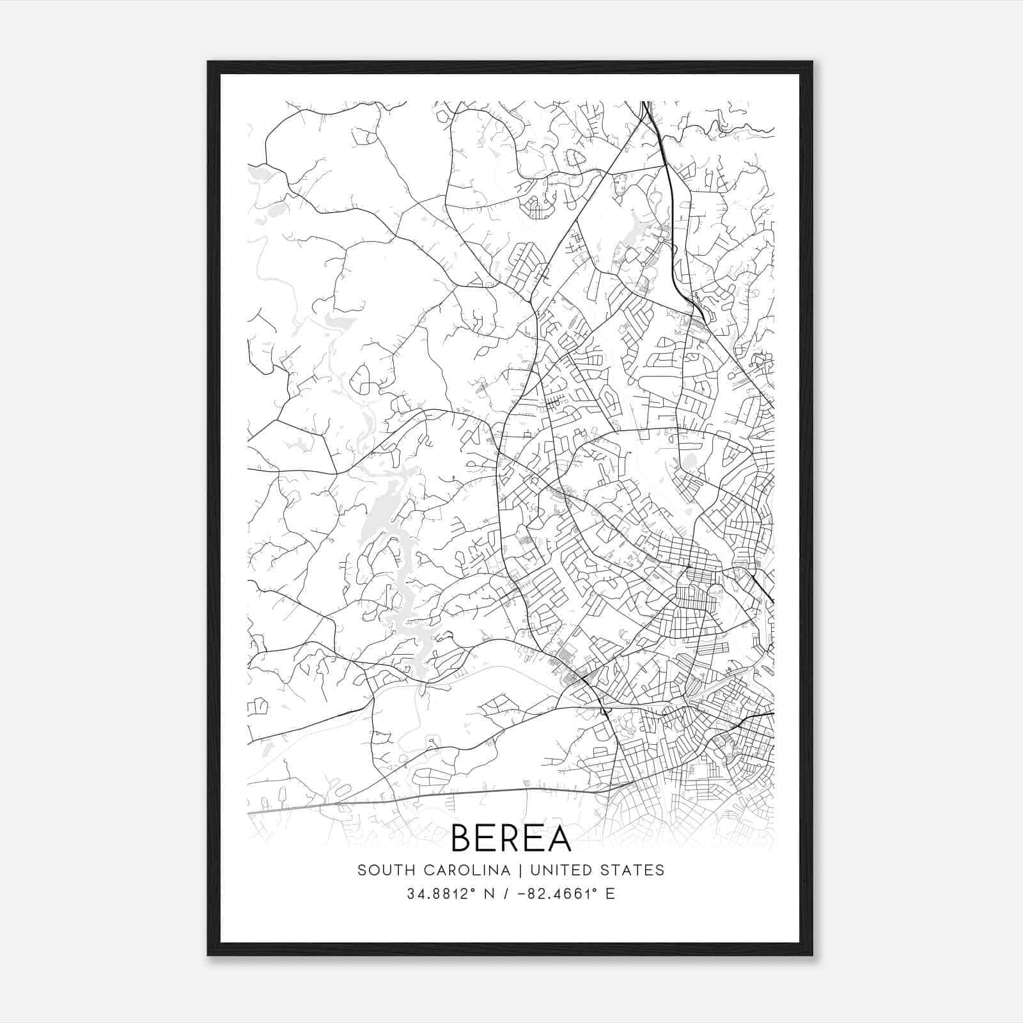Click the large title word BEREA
pos(511,838)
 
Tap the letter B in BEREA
pos(463,838)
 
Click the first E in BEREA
pos(487,838)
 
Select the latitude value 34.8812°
pos(441,894)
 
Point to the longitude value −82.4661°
pos(552,894)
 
